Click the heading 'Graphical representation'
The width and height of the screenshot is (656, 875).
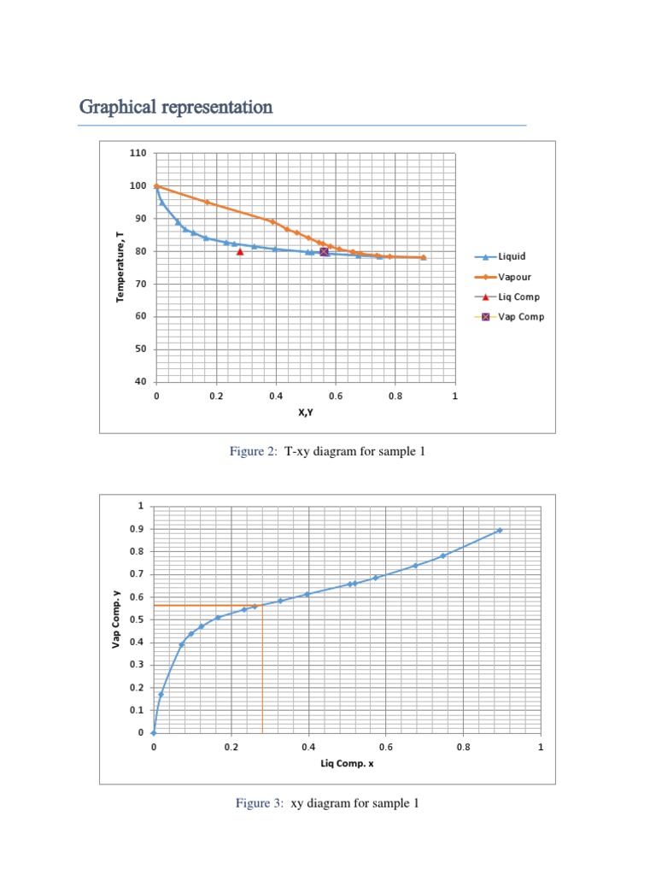176,108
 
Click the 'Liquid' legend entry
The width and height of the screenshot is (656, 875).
512,256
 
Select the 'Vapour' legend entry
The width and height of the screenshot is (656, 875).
514,277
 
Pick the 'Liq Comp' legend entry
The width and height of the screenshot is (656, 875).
518,297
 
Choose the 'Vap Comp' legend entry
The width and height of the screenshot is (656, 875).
520,317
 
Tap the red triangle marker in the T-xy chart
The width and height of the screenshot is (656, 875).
240,252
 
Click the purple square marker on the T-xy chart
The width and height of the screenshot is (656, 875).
324,252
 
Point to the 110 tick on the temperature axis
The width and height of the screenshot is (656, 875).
138,154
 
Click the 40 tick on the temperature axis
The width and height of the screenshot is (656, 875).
138,382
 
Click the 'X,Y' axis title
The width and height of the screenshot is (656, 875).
306,411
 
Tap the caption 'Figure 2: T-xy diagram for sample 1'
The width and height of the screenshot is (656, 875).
327,452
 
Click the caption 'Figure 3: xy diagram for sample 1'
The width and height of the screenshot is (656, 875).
327,803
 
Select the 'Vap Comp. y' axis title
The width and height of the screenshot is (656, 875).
115,619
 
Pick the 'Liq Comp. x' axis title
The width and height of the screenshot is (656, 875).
347,763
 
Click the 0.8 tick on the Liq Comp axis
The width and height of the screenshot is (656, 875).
463,747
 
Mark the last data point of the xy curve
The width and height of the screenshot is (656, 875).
500,531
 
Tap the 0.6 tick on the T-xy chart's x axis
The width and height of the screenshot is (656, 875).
336,396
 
